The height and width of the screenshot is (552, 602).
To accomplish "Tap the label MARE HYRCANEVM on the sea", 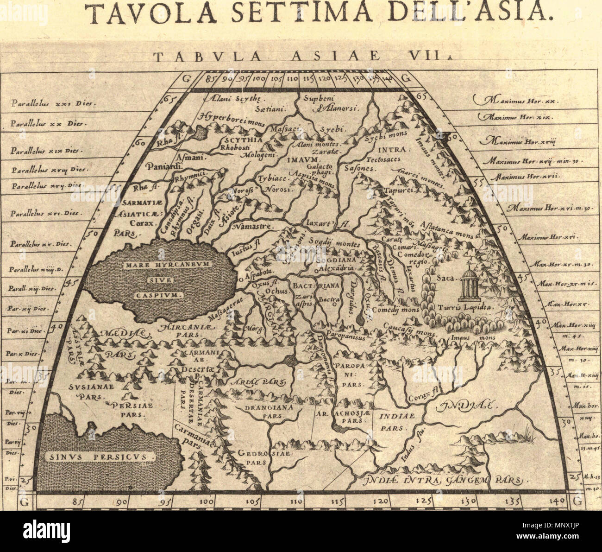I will click(160, 266).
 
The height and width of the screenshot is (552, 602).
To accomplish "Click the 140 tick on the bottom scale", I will click(559, 501).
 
